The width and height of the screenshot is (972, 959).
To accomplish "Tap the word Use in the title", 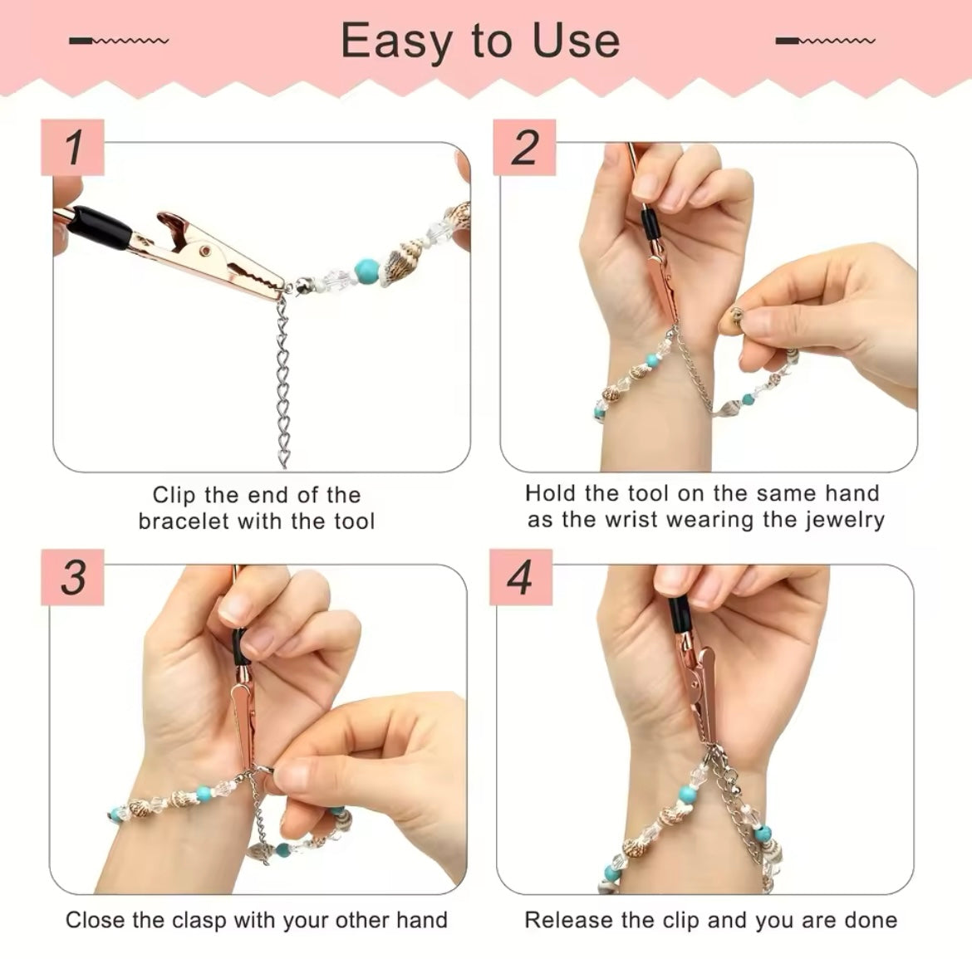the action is [x=576, y=41].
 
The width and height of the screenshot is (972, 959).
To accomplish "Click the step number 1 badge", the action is [x=72, y=148].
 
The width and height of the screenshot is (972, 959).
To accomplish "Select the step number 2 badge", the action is [x=524, y=148].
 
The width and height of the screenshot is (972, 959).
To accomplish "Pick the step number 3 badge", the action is [x=72, y=577].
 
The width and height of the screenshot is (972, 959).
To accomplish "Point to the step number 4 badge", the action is [x=521, y=577].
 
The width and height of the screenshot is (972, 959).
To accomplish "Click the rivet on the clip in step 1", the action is [x=204, y=250].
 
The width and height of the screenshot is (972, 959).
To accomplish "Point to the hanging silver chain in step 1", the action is [x=282, y=381].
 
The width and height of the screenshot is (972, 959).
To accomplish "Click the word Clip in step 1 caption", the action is [x=174, y=495].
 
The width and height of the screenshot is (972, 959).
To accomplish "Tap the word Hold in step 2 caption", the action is [x=551, y=493].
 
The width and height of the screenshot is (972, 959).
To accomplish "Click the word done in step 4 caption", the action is [x=871, y=920].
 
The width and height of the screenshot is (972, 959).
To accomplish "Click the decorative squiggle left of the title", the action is [x=119, y=41].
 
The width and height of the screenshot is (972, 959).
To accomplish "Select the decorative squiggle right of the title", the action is [x=825, y=41].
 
